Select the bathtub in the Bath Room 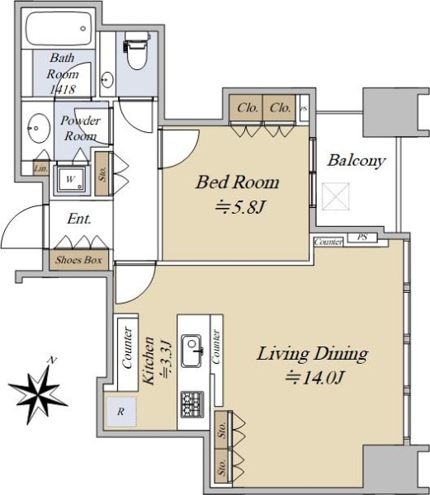pyautogui.click(x=57, y=33)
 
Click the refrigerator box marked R pyautogui.click(x=120, y=411)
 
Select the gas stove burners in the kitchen pyautogui.click(x=194, y=403)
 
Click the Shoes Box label pyautogui.click(x=79, y=261)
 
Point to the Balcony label pyautogui.click(x=356, y=161)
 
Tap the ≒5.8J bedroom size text pyautogui.click(x=236, y=207)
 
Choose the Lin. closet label pyautogui.click(x=40, y=169)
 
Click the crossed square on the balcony pyautogui.click(x=338, y=197)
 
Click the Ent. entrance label pyautogui.click(x=78, y=220)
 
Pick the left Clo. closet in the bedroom pyautogui.click(x=247, y=108)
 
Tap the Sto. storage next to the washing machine pyautogui.click(x=102, y=174)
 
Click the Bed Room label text pyautogui.click(x=236, y=182)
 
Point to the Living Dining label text pyautogui.click(x=312, y=355)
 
